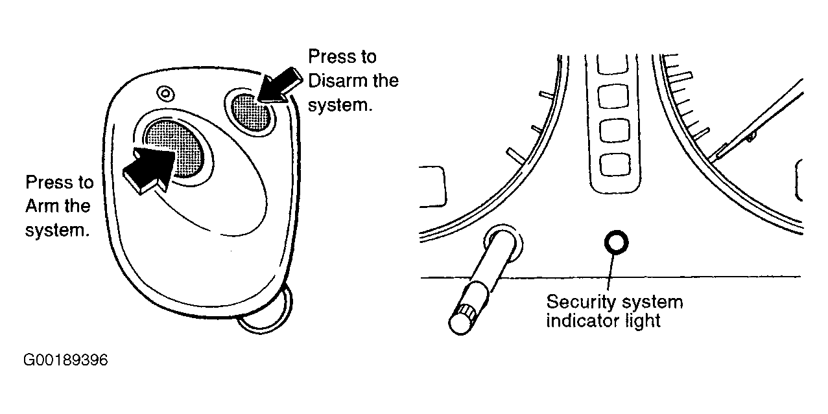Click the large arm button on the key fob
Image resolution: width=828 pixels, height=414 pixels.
pos(174,148)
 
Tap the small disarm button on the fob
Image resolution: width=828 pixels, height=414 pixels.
pos(252,112)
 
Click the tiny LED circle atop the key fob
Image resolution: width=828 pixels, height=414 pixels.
pos(165,93)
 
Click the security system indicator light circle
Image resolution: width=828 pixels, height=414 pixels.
pos(616,242)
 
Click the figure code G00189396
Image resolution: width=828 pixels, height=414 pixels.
pos(65,360)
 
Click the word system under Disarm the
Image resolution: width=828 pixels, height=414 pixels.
pos(340,106)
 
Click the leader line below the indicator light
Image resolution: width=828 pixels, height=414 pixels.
pos(611,273)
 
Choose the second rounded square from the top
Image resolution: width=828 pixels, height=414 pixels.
pos(613,97)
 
